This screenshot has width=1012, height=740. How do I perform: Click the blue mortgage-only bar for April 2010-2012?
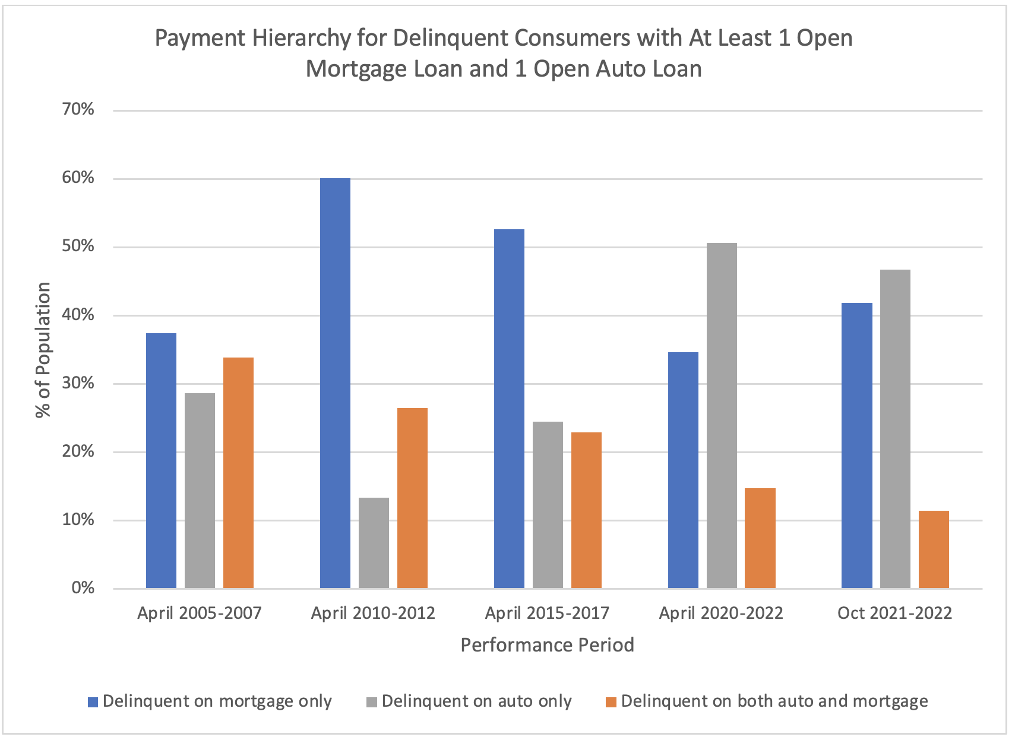click(335, 383)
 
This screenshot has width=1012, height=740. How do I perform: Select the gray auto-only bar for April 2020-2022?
click(722, 416)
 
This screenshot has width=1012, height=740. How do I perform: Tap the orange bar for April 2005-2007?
click(238, 473)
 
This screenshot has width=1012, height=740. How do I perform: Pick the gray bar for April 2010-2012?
click(374, 543)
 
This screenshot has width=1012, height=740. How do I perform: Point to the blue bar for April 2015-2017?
click(509, 409)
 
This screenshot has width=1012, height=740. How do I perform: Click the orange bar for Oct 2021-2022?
click(934, 549)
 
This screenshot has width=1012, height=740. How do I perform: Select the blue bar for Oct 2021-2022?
click(857, 445)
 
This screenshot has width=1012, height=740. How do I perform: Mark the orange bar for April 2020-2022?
click(760, 538)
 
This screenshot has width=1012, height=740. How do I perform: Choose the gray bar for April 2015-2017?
click(548, 505)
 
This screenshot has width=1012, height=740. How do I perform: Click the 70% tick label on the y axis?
click(78, 109)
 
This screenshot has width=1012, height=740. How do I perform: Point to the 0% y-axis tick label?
click(83, 588)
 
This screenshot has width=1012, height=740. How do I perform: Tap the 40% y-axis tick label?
click(78, 315)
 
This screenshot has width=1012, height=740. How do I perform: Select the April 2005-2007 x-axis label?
click(200, 613)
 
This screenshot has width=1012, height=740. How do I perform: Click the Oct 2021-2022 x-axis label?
click(894, 613)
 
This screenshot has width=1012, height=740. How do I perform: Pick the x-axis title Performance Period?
click(547, 645)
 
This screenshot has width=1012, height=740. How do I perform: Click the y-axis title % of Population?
click(43, 350)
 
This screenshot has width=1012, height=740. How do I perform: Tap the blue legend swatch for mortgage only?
click(93, 702)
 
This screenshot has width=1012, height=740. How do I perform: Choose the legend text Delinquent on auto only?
click(476, 701)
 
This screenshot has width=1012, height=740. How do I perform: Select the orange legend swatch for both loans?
click(611, 702)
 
